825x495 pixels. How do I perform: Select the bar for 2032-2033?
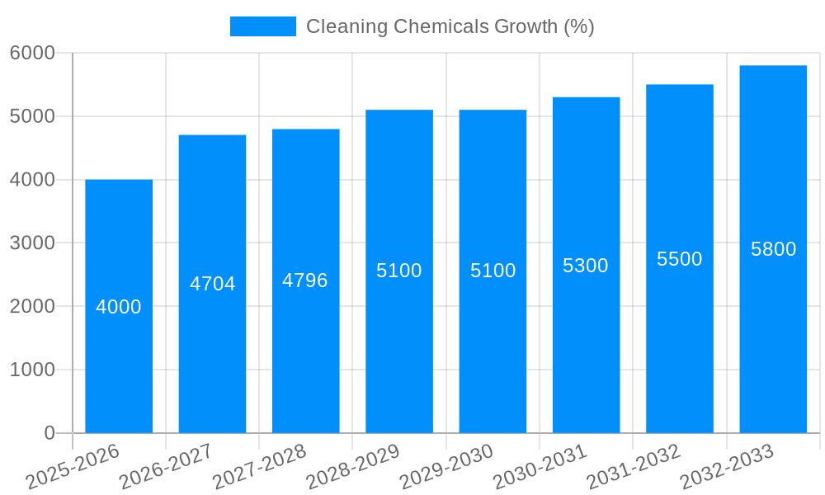(773, 330)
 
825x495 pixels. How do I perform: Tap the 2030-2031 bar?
(586, 346)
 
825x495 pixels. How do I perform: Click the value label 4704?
(213, 284)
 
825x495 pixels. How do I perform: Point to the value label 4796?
(305, 280)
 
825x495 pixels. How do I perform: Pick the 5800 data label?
(773, 249)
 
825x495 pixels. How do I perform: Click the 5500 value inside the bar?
(679, 259)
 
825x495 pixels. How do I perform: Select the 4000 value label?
(119, 307)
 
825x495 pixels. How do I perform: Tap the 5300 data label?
(586, 266)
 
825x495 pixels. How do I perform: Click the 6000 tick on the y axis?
(32, 53)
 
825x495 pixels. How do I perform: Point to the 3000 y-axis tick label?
(32, 243)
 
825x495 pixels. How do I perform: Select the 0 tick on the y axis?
(49, 433)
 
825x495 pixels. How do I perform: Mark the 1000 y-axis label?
(32, 370)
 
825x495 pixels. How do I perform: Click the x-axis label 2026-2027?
(166, 466)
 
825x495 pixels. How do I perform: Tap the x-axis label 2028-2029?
(353, 466)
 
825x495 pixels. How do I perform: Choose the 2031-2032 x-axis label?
(634, 466)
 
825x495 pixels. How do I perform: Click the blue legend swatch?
(262, 26)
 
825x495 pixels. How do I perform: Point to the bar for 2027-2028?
(305, 355)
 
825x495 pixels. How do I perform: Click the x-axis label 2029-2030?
(446, 466)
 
